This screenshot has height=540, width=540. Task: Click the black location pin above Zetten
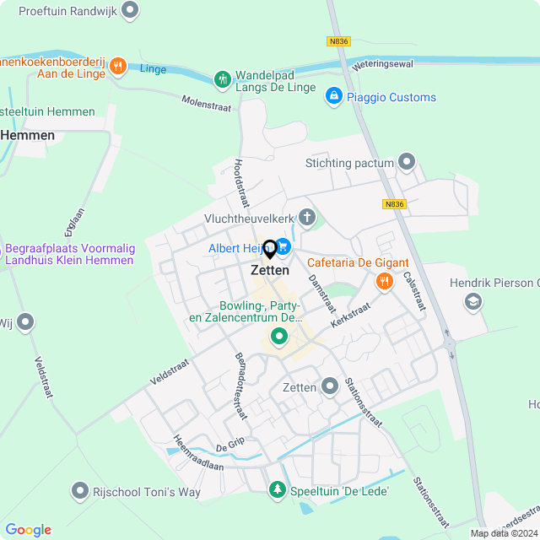click(x=270, y=249)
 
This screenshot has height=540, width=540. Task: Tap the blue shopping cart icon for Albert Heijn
click(x=283, y=246)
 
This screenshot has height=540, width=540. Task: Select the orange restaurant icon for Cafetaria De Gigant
click(x=384, y=280)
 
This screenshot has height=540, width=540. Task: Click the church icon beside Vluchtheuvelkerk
click(x=307, y=219)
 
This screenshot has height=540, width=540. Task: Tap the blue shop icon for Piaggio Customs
click(x=334, y=97)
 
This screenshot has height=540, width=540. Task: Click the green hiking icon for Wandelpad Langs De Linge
click(x=223, y=79)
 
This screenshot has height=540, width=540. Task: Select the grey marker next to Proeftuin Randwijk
click(x=129, y=10)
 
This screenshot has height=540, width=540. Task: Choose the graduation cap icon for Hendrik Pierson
click(x=473, y=300)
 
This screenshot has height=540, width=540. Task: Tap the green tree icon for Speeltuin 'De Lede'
click(x=277, y=489)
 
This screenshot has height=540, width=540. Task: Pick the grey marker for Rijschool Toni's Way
click(x=80, y=489)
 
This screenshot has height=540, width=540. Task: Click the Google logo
click(x=28, y=530)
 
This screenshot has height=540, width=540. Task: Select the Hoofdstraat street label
click(x=241, y=181)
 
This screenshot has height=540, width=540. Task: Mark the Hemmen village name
click(x=27, y=135)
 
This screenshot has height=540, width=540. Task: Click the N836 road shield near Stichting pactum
click(x=394, y=203)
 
